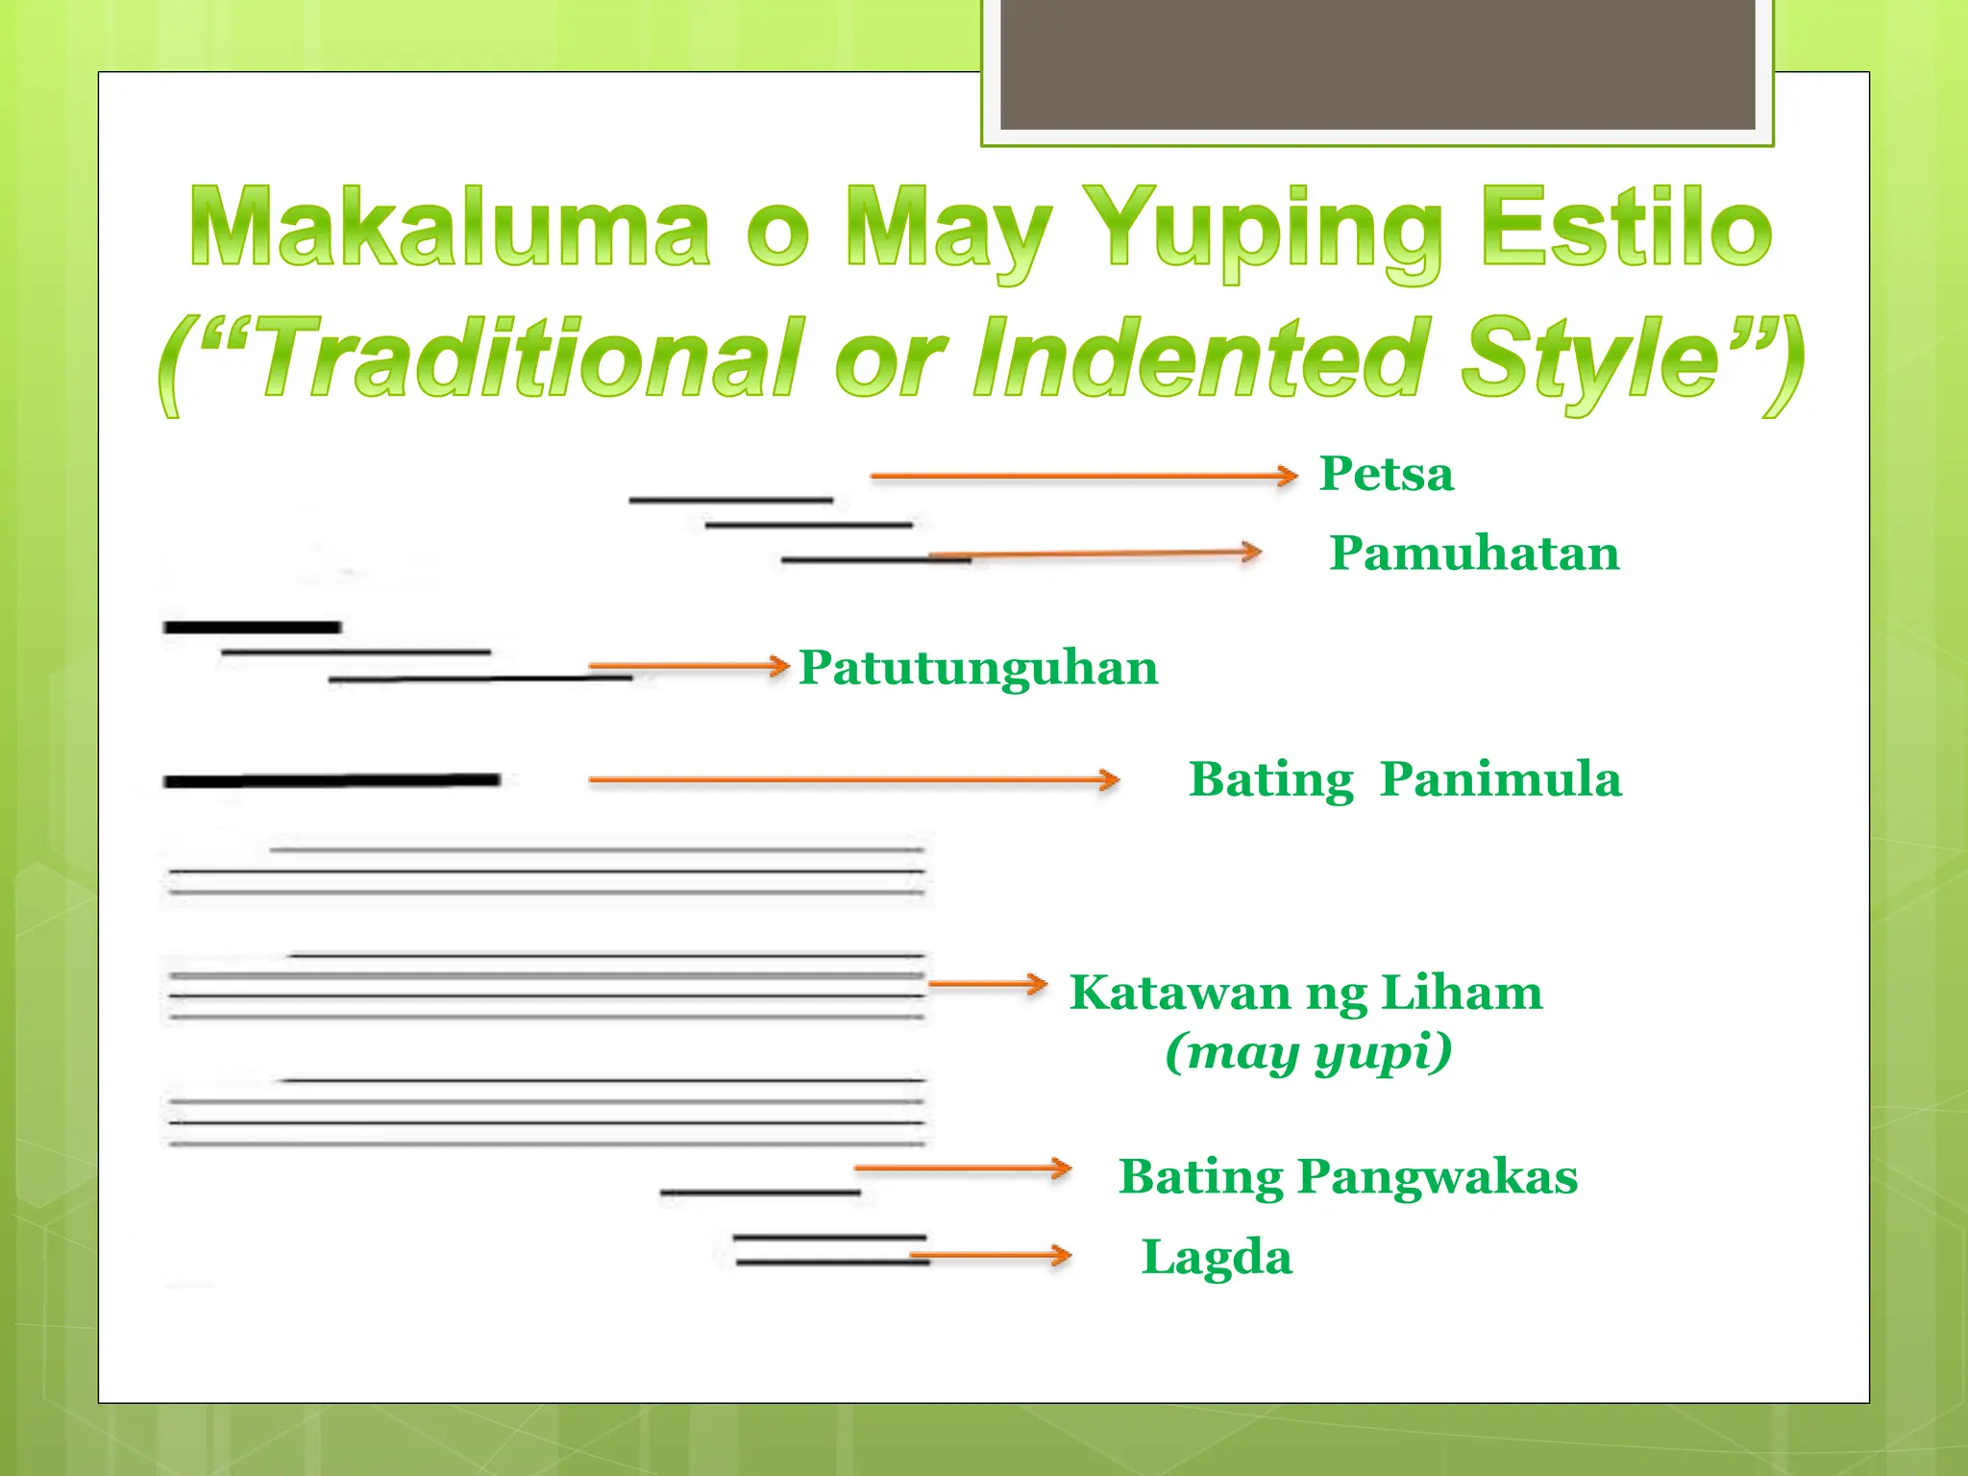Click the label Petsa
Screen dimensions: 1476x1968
1386,475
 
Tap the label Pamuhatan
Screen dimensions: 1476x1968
1474,554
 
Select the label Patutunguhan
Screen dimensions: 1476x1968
978,668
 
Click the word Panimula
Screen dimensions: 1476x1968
1500,779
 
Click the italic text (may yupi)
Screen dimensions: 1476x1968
1308,1053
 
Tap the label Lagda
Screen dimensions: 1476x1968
1217,1258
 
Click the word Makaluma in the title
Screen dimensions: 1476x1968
450,227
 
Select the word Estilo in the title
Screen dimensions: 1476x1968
1625,227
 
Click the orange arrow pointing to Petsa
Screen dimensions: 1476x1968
1084,476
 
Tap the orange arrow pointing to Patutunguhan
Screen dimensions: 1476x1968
688,665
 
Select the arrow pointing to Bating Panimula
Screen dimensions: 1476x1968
853,779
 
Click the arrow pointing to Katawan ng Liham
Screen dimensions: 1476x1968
987,984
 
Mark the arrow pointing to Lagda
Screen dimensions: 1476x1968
990,1255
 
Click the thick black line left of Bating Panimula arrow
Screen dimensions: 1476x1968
332,780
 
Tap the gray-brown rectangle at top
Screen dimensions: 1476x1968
1377,63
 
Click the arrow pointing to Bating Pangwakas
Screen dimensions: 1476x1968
962,1168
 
